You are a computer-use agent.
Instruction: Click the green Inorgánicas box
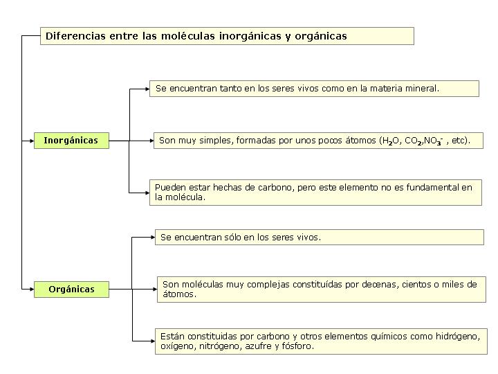click(71, 141)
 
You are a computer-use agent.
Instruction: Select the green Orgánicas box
click(71, 290)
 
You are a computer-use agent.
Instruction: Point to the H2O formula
click(390, 141)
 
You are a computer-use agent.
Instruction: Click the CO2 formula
click(414, 141)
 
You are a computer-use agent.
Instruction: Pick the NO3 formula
click(434, 141)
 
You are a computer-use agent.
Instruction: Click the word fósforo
click(298, 346)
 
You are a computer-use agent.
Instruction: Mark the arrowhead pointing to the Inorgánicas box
click(30, 141)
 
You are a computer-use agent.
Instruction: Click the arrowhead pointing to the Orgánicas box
click(30, 289)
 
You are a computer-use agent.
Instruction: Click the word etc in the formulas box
click(459, 141)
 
